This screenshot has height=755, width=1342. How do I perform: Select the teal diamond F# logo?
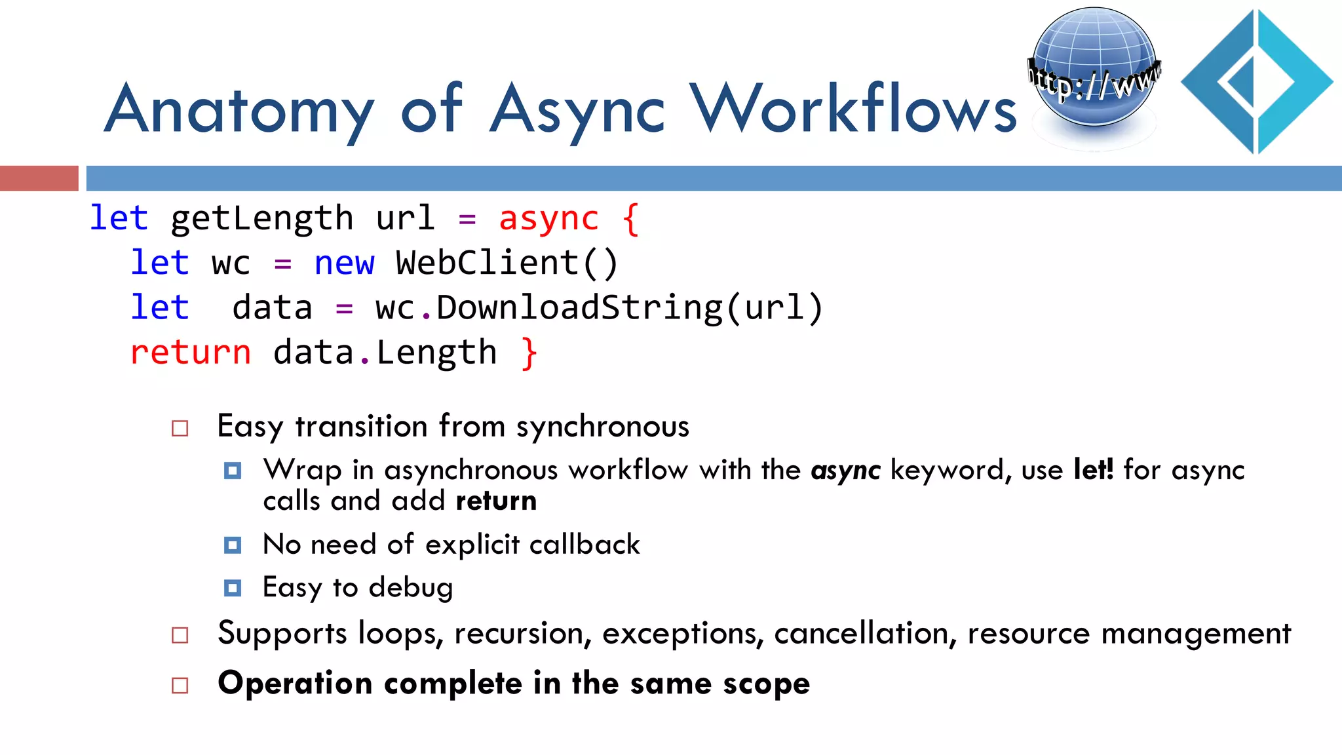pyautogui.click(x=1257, y=82)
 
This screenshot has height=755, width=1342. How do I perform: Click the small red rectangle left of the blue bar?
pyautogui.click(x=39, y=178)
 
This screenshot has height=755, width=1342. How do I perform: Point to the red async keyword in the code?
pyautogui.click(x=548, y=218)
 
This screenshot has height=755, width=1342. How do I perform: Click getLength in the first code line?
pyautogui.click(x=261, y=218)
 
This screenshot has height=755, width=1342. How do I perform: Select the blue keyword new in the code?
pyautogui.click(x=344, y=263)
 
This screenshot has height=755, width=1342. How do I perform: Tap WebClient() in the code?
pyautogui.click(x=507, y=263)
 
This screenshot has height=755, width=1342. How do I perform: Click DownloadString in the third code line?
pyautogui.click(x=579, y=307)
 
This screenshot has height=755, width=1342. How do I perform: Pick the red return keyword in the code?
pyautogui.click(x=190, y=353)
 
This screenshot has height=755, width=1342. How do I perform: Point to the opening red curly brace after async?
pyautogui.click(x=630, y=218)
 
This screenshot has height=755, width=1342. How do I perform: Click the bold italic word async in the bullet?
pyautogui.click(x=845, y=471)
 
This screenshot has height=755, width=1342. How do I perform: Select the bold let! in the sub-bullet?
pyautogui.click(x=1093, y=469)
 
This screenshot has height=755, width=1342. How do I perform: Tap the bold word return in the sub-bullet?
pyautogui.click(x=496, y=501)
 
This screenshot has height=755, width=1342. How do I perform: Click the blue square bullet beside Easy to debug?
pyautogui.click(x=233, y=587)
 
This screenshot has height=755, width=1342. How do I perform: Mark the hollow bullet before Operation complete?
pyautogui.click(x=180, y=685)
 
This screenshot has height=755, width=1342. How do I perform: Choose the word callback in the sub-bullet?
pyautogui.click(x=585, y=545)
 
